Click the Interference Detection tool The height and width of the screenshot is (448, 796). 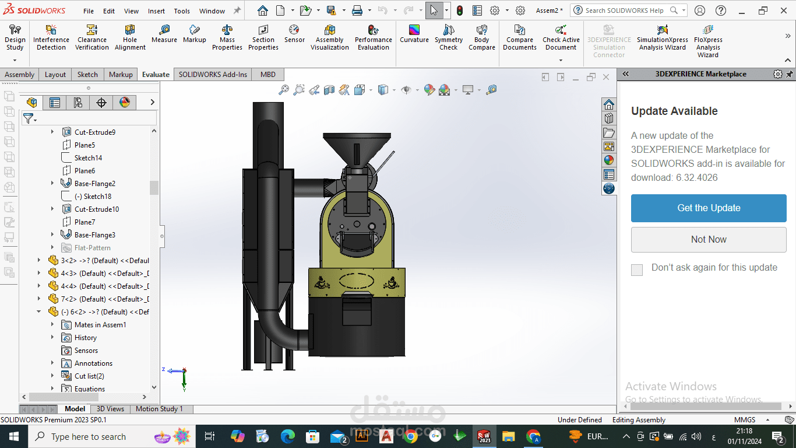click(51, 38)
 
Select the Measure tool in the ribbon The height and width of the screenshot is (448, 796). click(164, 34)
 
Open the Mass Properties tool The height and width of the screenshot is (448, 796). click(227, 38)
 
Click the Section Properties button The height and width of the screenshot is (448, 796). click(263, 38)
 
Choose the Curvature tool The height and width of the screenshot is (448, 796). click(414, 34)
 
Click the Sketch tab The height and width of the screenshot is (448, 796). click(87, 74)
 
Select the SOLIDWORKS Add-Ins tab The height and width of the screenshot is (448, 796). click(213, 74)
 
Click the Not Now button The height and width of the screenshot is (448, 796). click(709, 240)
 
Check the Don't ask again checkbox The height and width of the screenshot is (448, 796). click(637, 269)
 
